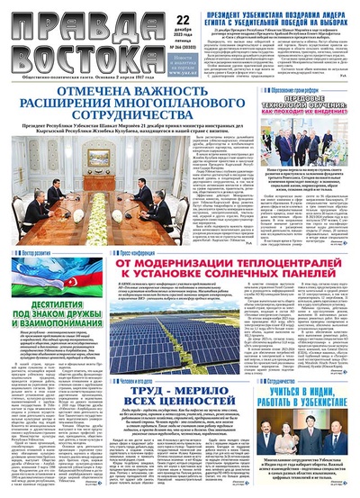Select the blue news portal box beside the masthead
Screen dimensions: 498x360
tap(181, 59)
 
